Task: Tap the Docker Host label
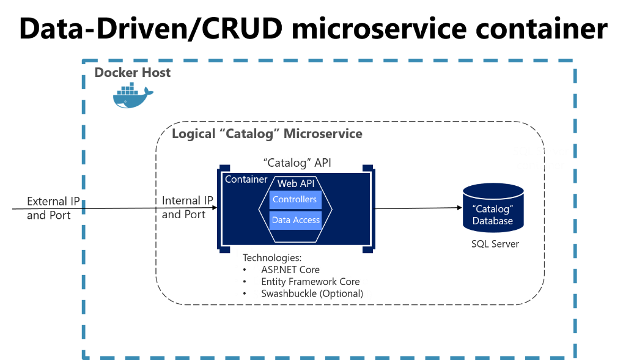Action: [x=132, y=73]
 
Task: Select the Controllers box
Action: [x=295, y=200]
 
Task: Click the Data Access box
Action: [x=295, y=220]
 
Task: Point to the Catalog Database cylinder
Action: [x=493, y=208]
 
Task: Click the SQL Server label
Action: [x=495, y=244]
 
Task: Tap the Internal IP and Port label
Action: [x=187, y=207]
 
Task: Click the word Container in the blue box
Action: [x=246, y=180]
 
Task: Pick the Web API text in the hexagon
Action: [x=295, y=183]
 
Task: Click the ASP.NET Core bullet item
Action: [x=290, y=270]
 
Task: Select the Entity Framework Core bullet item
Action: [x=310, y=282]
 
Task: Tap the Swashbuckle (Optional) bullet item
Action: [x=312, y=293]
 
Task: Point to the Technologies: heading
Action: [x=272, y=258]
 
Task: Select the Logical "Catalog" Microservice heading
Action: [x=267, y=134]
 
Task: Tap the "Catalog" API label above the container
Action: [x=297, y=163]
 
